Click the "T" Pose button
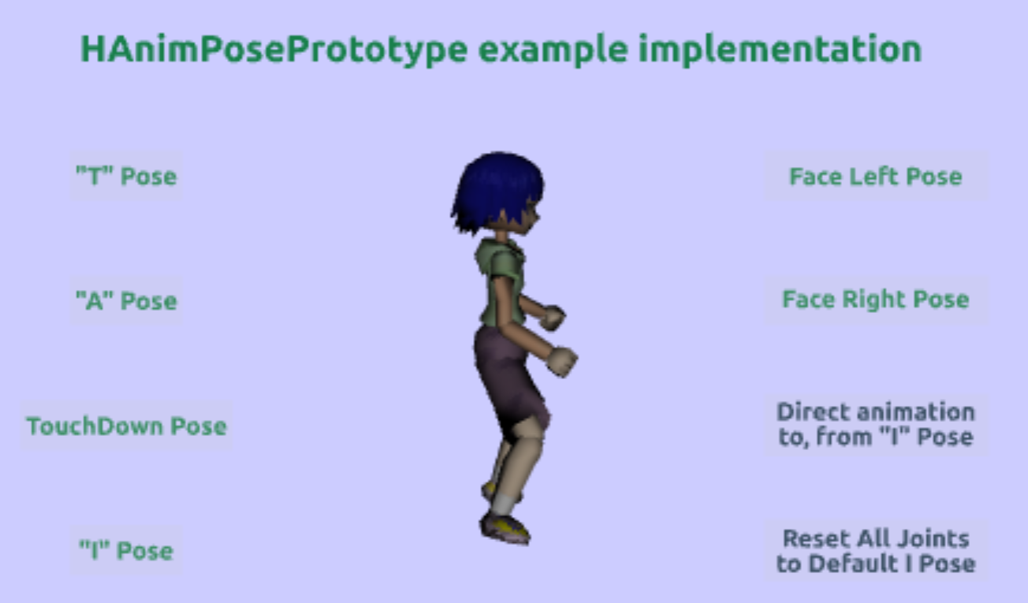(x=126, y=176)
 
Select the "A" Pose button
(x=126, y=300)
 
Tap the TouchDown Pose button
(x=126, y=426)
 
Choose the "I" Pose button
(x=126, y=550)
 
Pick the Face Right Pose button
(x=875, y=300)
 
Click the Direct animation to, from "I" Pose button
(x=875, y=424)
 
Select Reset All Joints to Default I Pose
(x=875, y=550)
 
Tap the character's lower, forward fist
(x=562, y=361)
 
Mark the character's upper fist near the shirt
(x=553, y=318)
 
